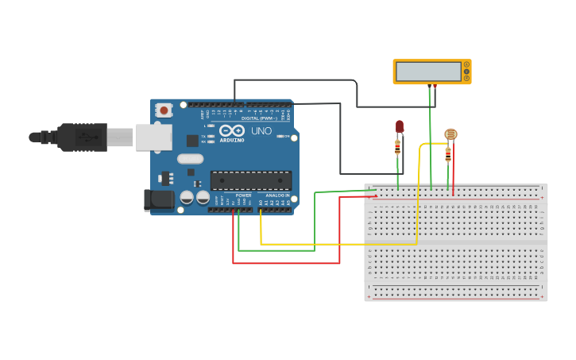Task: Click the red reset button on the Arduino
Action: (164, 110)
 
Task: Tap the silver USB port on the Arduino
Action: (153, 137)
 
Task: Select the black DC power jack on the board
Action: (158, 199)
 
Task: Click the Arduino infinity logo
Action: (233, 130)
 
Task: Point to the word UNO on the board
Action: (261, 131)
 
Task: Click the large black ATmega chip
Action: (250, 180)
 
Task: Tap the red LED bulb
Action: (400, 126)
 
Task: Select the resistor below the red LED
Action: (397, 147)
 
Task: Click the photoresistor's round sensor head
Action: (450, 134)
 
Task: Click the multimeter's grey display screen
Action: (427, 72)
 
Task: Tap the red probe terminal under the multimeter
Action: (435, 86)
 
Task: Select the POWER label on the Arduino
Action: (243, 195)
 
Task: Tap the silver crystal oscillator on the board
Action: (191, 158)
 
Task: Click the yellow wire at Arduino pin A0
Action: (261, 211)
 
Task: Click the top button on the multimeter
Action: (466, 64)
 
